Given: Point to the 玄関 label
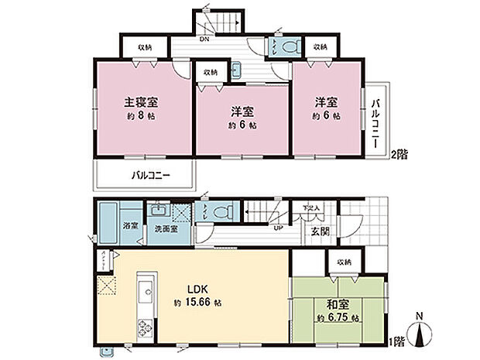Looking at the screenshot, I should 320,230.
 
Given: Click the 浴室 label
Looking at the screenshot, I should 131,225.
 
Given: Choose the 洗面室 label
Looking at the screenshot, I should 163,229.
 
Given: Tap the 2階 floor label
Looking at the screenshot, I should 398,154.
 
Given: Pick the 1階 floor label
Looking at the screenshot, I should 397,341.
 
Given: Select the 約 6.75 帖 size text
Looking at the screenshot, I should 337,317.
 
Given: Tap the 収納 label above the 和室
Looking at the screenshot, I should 344,262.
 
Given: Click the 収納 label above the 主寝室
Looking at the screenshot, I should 145,47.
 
